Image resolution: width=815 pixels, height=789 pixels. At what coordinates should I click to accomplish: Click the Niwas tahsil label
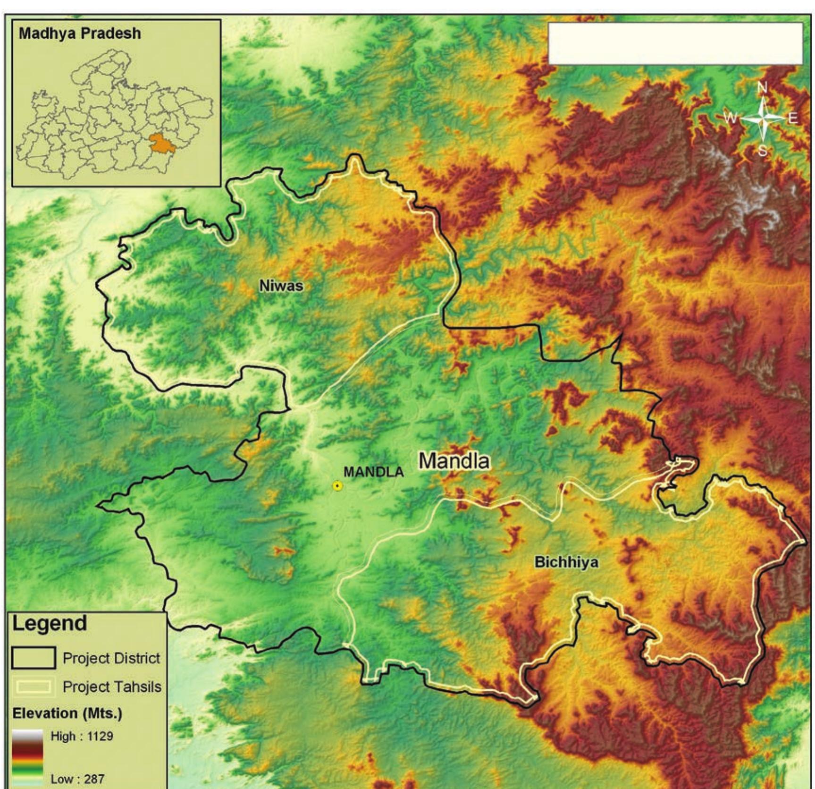point(281,286)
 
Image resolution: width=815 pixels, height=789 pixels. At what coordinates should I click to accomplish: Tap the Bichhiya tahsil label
point(566,562)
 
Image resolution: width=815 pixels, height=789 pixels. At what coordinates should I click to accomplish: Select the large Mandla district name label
point(454,461)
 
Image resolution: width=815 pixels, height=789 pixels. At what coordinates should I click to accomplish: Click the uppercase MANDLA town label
point(373,472)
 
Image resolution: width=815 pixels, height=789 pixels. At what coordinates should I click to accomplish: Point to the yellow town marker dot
point(337,486)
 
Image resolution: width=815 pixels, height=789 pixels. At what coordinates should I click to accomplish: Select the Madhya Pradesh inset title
point(80,34)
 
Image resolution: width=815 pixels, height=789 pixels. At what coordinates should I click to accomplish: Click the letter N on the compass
point(763,87)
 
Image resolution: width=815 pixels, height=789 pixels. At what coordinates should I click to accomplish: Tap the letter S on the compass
point(763,151)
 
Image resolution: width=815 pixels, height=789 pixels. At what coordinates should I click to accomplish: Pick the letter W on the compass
point(730,118)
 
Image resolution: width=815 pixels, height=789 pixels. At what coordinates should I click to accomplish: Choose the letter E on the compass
point(792,118)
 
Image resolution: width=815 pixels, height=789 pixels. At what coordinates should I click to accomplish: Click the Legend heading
point(50,623)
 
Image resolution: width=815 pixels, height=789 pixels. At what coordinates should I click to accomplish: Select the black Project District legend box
point(34,658)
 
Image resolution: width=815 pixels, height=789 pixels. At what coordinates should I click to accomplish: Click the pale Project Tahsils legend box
point(34,687)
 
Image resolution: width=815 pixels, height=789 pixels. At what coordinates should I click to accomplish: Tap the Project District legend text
point(111,658)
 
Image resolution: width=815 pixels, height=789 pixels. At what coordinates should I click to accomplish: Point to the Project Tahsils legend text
point(112,687)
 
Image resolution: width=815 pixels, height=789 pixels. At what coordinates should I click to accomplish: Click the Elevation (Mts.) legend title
point(67,713)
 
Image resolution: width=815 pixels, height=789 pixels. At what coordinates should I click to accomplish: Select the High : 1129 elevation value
point(82,736)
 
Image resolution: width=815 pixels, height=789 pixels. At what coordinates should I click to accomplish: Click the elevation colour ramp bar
point(27,758)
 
